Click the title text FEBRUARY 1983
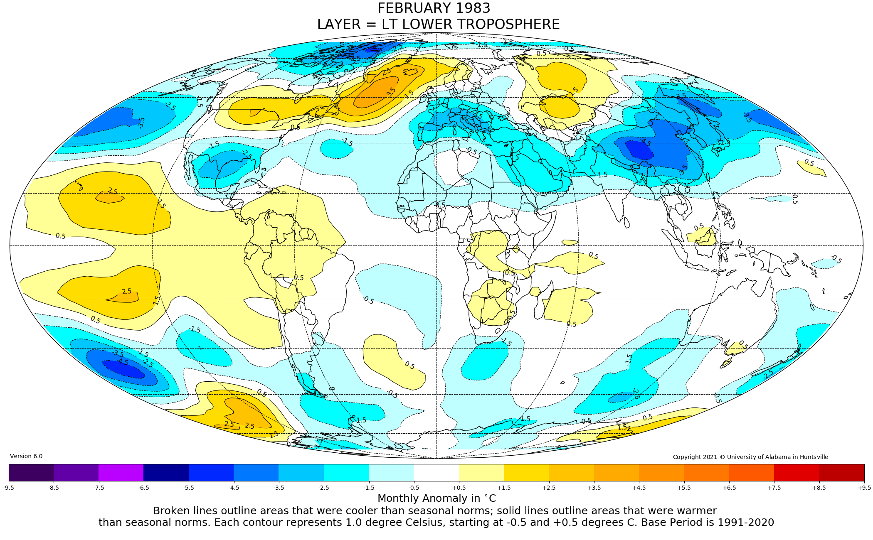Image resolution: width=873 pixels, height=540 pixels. click(x=434, y=8)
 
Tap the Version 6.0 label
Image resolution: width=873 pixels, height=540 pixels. click(x=26, y=456)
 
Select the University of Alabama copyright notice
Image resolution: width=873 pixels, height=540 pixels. click(x=750, y=457)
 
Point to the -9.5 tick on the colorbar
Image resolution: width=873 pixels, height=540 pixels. click(x=9, y=488)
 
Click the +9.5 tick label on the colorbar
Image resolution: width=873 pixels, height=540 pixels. click(x=864, y=488)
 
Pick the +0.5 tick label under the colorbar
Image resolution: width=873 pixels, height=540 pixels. click(x=459, y=488)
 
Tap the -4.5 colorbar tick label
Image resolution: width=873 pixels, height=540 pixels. click(x=234, y=488)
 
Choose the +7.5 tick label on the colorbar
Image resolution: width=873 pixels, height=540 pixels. click(x=774, y=488)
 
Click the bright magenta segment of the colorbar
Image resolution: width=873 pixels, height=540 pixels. click(x=121, y=472)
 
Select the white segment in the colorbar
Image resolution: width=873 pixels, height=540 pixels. click(x=436, y=472)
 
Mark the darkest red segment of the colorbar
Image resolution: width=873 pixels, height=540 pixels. click(x=841, y=472)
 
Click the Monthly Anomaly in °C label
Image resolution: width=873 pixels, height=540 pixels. click(x=436, y=498)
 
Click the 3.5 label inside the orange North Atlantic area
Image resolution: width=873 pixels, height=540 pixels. click(x=391, y=92)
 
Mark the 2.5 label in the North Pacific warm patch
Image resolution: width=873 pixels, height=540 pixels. click(x=112, y=191)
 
